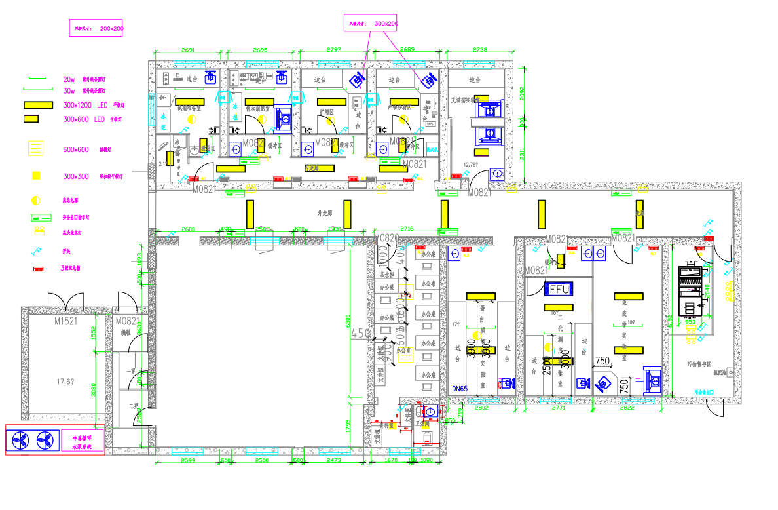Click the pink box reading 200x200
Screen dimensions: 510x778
coord(97,28)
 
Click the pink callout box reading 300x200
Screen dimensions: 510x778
coord(371,23)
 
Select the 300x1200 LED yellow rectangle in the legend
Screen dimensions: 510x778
coord(39,105)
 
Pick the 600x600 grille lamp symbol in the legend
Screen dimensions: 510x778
coord(36,149)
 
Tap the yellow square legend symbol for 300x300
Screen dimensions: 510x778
coord(36,176)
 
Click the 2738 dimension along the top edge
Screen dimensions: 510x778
coord(480,50)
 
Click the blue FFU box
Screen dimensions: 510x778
coord(559,288)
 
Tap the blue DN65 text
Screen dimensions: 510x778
coord(460,389)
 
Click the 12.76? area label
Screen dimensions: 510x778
coord(470,165)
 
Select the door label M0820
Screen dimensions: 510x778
coord(386,237)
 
